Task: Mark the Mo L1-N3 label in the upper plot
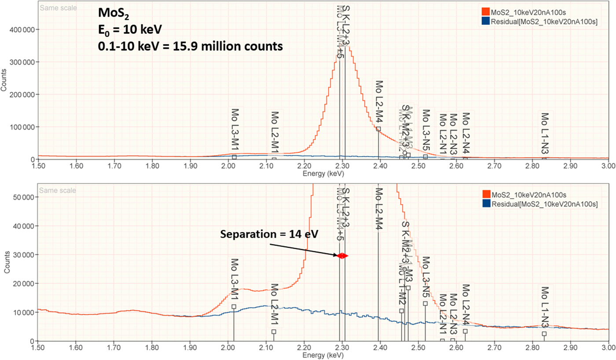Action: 545,133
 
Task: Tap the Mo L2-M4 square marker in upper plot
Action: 378,129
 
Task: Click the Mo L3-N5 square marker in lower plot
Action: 425,303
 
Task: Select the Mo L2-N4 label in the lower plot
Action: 465,305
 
